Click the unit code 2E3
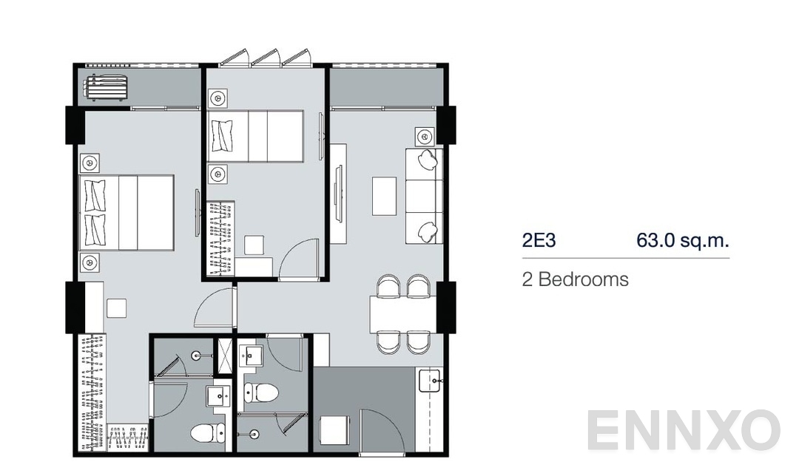coord(539,240)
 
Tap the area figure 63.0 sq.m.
coord(683,240)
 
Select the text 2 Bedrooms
coord(576,279)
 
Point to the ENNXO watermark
coord(684,431)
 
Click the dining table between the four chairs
coord(402,313)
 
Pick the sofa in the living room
coord(424,195)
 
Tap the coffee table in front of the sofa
coord(384,195)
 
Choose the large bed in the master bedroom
coord(127,213)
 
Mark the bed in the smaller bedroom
coord(256,136)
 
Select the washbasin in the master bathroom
coord(219,396)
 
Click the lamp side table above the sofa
coord(425,136)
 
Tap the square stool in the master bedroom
coord(116,307)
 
